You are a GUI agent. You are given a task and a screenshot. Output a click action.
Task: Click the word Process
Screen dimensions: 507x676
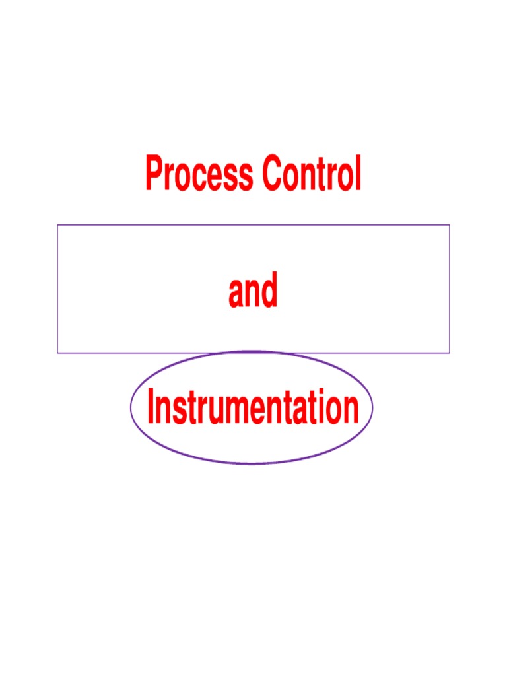[199, 174]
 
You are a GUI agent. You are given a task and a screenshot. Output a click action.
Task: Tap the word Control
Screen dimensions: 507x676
[311, 174]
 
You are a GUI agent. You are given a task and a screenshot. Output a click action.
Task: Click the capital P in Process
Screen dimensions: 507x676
[154, 174]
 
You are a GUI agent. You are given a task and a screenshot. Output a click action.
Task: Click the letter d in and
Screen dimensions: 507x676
[269, 291]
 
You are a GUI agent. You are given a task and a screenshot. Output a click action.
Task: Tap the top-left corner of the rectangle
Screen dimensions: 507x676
[58, 225]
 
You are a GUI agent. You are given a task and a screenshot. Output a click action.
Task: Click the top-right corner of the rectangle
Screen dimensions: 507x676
[450, 225]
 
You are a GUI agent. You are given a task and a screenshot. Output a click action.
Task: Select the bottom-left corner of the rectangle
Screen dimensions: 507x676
[58, 352]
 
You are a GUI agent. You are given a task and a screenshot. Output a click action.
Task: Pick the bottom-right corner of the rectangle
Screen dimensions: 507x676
[450, 352]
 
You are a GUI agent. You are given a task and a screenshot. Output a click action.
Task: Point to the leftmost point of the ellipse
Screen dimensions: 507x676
[131, 407]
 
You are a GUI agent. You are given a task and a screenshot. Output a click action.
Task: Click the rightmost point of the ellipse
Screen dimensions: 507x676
[373, 407]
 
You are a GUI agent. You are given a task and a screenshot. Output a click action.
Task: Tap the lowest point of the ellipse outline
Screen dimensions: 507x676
[252, 463]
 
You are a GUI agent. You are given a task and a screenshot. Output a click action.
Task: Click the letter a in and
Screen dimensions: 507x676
[236, 295]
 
